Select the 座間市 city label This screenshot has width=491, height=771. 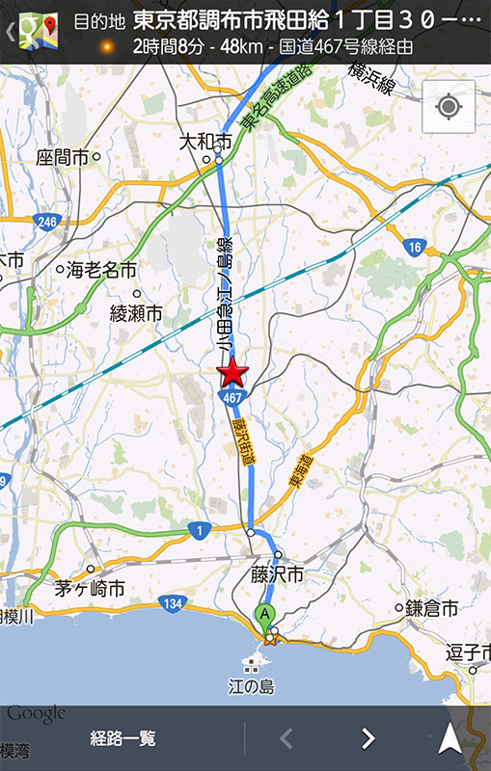pos(63,156)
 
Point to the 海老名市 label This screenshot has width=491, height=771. pos(101,270)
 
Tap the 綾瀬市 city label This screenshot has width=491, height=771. pos(136,313)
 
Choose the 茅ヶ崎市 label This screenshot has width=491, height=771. pos(90,588)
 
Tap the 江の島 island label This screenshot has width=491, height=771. pos(253,686)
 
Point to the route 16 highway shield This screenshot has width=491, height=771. pos(415,248)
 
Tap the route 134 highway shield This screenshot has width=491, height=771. pos(172,603)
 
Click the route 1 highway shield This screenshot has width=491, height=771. pos(200,530)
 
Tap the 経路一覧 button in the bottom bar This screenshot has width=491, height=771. pos(123,739)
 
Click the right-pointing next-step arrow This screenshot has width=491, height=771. pos(368,739)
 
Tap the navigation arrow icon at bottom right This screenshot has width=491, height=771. pos(450,738)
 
